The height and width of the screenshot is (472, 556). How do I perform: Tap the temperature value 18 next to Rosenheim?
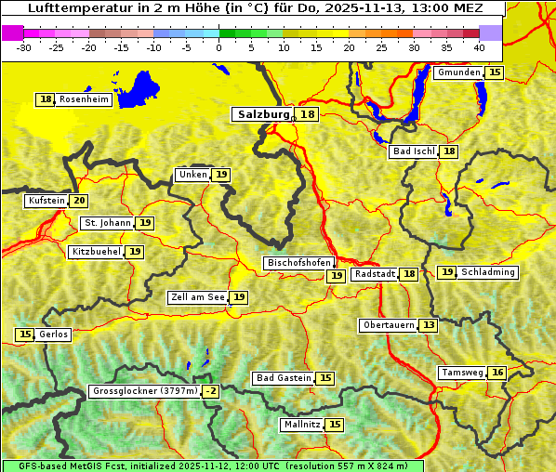tap(46, 99)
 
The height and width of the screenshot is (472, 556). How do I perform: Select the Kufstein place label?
tap(46, 201)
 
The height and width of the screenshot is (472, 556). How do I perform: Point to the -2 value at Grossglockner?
tap(211, 391)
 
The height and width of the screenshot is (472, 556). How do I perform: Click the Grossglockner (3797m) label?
tap(145, 391)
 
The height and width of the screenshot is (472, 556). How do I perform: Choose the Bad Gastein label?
tap(284, 378)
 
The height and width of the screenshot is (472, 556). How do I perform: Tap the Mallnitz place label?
tap(301, 425)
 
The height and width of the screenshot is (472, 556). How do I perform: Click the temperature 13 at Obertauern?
tap(428, 325)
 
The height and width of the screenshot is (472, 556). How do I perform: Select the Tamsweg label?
tap(461, 373)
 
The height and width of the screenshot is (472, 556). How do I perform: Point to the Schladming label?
tap(488, 272)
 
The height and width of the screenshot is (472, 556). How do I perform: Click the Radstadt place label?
tap(375, 274)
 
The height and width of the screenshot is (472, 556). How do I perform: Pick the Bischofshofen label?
tap(298, 263)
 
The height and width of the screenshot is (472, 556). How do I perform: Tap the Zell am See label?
tap(198, 297)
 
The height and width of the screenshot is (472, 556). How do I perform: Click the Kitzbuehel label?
tap(96, 252)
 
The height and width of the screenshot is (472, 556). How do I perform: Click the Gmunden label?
tap(458, 72)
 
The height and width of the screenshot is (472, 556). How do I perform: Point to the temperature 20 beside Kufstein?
tap(79, 201)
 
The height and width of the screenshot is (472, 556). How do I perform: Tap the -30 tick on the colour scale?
tap(24, 47)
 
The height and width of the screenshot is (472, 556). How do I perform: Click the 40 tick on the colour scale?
tap(479, 47)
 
